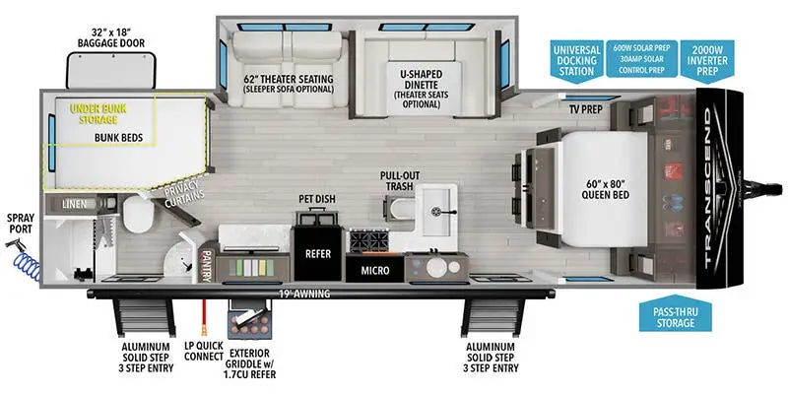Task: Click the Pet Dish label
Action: point(317,199)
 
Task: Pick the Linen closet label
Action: point(73,204)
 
